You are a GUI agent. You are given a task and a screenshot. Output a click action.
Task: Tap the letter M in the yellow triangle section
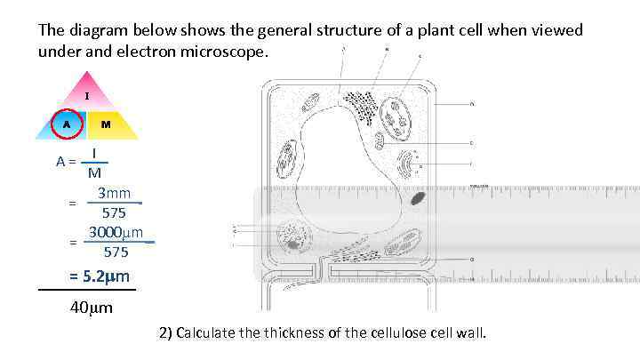(x=106, y=124)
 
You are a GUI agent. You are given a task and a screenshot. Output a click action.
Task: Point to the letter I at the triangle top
(x=86, y=95)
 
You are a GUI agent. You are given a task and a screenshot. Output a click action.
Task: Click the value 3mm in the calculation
(x=114, y=194)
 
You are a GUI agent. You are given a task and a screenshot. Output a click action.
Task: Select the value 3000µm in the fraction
(x=116, y=233)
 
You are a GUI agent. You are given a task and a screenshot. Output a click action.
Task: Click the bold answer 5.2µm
(x=100, y=276)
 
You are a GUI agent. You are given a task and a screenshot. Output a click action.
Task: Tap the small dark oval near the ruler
(x=418, y=198)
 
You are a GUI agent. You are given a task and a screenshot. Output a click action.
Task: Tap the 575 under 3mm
(x=114, y=213)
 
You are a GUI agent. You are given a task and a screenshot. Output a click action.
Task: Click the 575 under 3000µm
(x=116, y=252)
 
